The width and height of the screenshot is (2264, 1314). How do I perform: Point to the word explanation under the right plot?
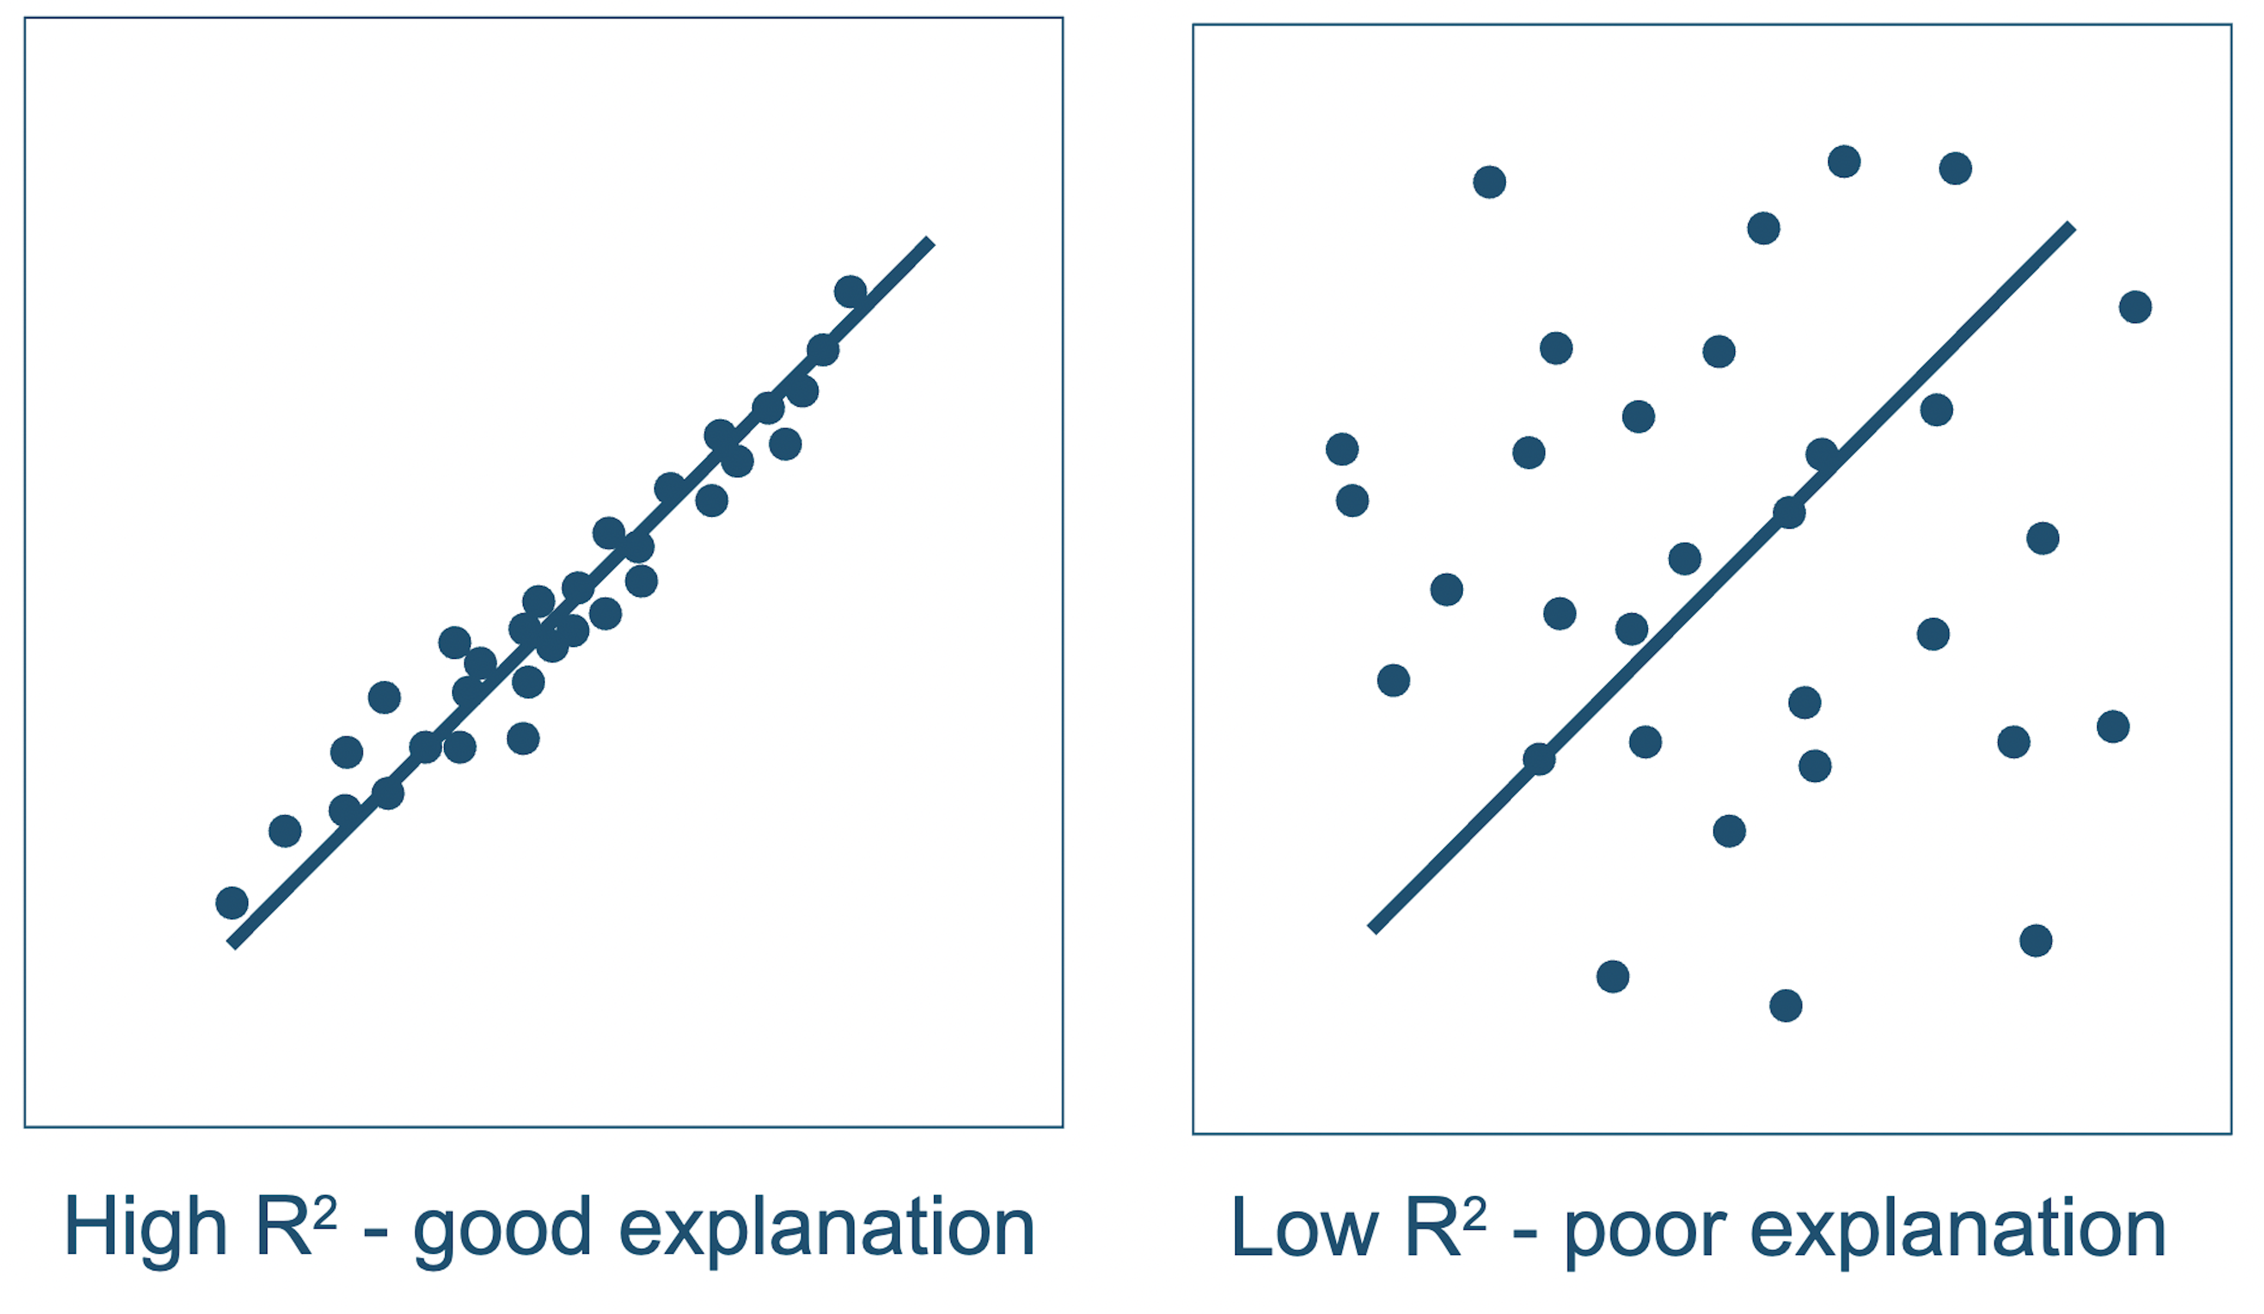tap(1959, 1230)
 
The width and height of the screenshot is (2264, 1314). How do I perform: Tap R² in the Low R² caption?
tap(1446, 1226)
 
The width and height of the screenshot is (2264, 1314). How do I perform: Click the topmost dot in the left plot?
tap(850, 291)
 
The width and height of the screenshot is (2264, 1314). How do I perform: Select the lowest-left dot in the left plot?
tap(232, 903)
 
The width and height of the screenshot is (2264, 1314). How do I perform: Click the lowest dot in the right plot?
tap(1785, 1006)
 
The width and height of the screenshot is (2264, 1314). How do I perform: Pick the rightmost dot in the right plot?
tap(2135, 307)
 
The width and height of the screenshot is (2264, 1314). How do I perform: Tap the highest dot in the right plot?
tap(1844, 161)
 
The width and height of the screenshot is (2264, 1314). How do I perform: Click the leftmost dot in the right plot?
tap(1341, 449)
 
